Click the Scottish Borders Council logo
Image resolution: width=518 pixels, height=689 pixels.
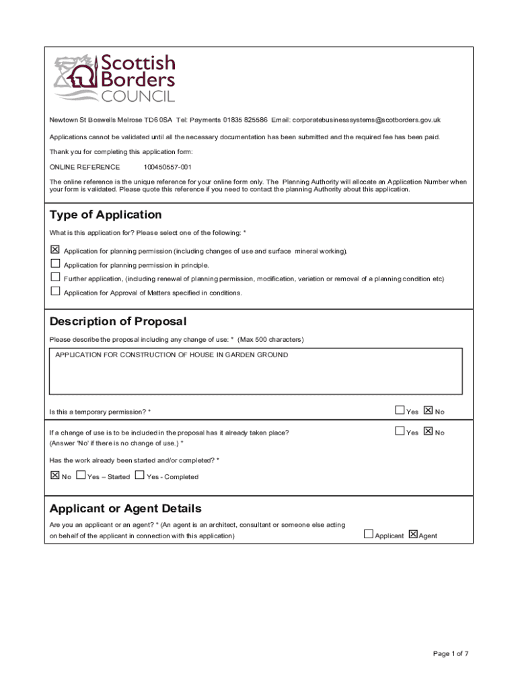(114, 79)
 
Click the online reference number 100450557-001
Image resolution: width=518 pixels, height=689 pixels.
(168, 167)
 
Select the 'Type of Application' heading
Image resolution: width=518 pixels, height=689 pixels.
(106, 215)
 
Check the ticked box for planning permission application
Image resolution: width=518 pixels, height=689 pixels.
(55, 250)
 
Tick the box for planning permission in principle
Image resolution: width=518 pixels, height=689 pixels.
(55, 264)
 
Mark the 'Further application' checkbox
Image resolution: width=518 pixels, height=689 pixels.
(55, 277)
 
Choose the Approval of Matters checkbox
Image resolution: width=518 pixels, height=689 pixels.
(55, 291)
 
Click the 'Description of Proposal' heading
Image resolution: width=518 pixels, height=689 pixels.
(118, 322)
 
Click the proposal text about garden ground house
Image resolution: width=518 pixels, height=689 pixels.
(172, 355)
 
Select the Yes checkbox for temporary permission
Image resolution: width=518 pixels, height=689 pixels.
(400, 410)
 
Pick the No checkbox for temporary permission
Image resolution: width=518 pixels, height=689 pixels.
(429, 410)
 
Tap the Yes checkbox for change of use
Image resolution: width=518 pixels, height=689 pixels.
(400, 431)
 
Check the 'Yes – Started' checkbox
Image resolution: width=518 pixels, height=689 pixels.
(81, 475)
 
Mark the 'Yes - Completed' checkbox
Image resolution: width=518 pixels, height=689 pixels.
(140, 475)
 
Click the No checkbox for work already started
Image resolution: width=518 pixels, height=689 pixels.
(55, 475)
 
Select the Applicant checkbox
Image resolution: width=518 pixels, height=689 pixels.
(368, 534)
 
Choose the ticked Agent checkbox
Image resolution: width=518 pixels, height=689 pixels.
(412, 534)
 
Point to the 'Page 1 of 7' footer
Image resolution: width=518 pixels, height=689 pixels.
(451, 653)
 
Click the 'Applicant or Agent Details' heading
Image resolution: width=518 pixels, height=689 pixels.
(125, 508)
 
